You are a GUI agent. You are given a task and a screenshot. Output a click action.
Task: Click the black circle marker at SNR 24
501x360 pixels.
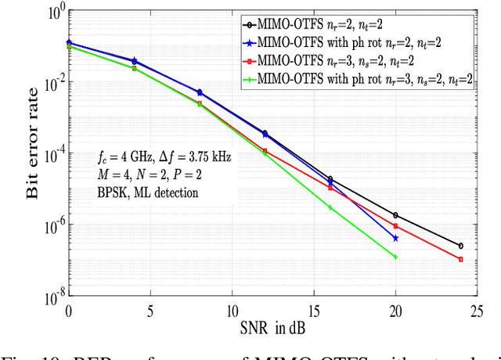tap(460, 246)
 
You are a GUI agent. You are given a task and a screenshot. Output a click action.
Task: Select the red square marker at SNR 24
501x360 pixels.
tap(460, 259)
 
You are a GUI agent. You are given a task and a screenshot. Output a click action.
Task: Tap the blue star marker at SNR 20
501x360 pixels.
tap(395, 238)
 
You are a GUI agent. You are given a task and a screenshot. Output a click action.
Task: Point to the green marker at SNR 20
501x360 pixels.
tap(395, 257)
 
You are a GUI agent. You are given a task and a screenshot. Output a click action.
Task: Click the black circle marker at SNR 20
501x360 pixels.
tap(395, 215)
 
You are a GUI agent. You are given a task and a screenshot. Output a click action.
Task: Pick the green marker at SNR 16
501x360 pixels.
tap(330, 207)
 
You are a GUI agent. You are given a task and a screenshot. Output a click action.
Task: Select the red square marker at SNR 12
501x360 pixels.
tap(265, 150)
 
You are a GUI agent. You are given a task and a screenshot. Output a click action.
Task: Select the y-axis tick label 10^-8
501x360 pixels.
tap(53, 297)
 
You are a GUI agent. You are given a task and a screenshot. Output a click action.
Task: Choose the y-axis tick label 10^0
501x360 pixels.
tap(55, 13)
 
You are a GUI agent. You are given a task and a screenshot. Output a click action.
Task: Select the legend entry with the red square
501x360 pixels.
tap(351, 60)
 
